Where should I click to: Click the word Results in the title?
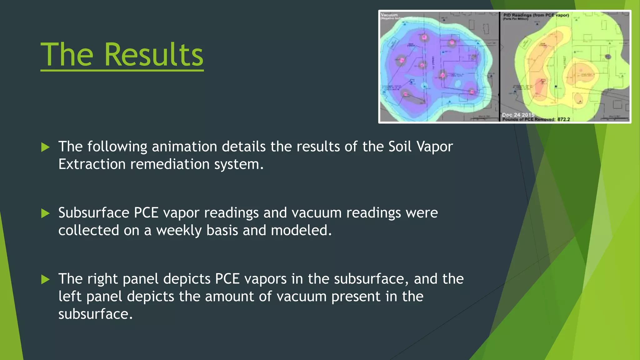(153, 55)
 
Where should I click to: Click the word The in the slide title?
(67, 55)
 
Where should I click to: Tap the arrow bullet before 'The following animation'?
(46, 147)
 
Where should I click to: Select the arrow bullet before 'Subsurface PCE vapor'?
(46, 213)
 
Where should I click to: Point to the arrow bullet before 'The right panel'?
(46, 279)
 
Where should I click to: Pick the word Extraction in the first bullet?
(92, 164)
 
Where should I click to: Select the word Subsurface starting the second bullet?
(94, 213)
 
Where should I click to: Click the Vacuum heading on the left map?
(389, 15)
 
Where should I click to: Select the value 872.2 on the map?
(564, 119)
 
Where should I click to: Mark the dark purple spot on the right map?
(608, 57)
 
